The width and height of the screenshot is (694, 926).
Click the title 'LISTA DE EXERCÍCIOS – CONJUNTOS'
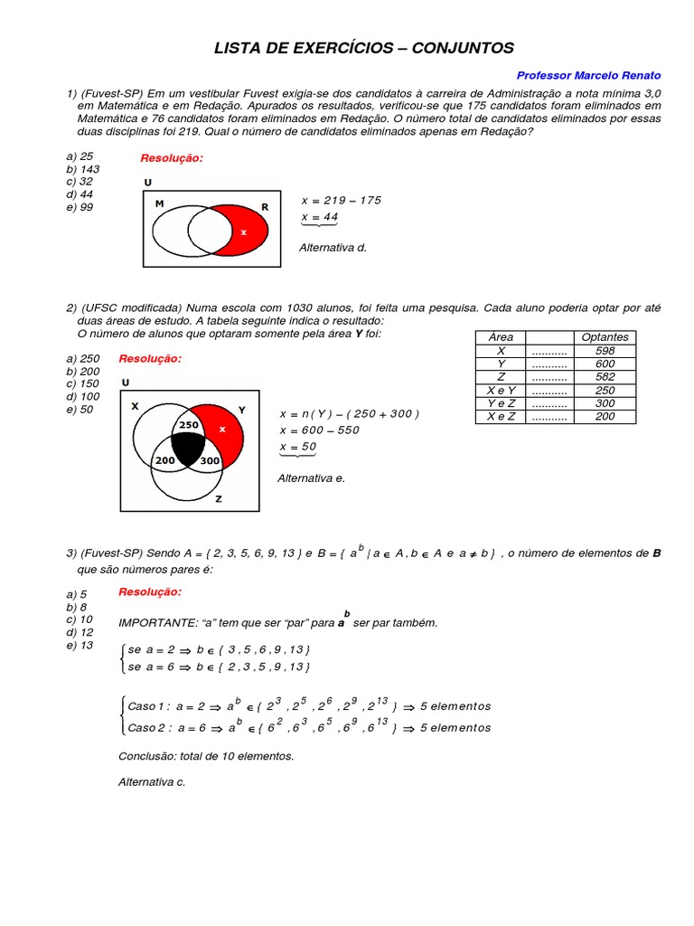[x=363, y=48]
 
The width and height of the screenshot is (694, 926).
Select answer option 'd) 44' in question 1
[x=80, y=194]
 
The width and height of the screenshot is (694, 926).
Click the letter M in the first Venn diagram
[x=159, y=205]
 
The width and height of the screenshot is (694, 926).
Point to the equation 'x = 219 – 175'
[x=341, y=201]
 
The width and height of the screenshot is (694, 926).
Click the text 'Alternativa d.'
[x=333, y=247]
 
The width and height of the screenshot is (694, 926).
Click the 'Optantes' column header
[x=605, y=336]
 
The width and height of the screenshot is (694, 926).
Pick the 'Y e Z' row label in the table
[x=501, y=403]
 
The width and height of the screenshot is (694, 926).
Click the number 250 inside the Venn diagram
[x=188, y=425]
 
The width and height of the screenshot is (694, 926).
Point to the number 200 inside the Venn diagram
[x=164, y=461]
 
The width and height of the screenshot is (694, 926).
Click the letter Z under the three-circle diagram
[x=218, y=499]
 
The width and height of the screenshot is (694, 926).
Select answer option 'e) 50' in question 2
[x=80, y=409]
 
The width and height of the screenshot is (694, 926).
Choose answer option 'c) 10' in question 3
[x=80, y=619]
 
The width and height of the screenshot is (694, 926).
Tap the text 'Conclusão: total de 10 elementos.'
[x=206, y=756]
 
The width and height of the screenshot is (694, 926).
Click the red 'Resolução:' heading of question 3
[x=150, y=591]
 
